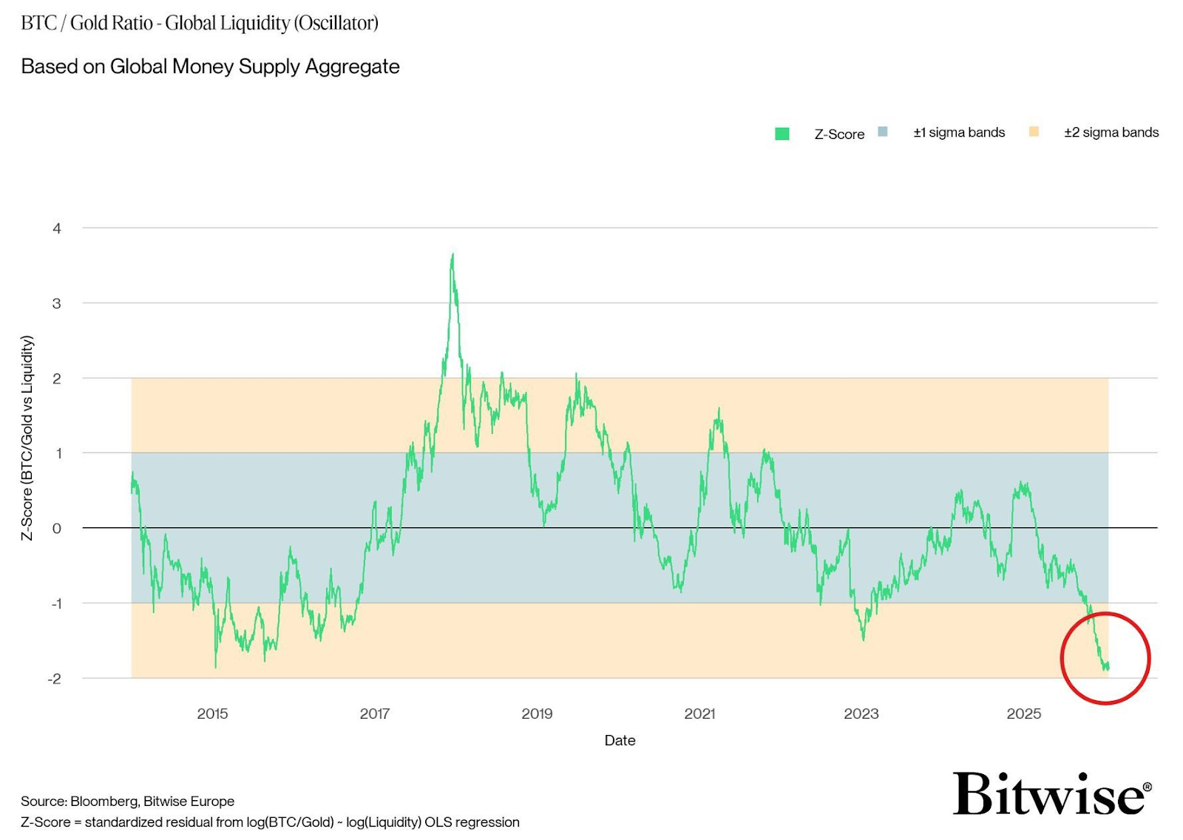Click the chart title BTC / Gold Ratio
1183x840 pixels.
(x=199, y=23)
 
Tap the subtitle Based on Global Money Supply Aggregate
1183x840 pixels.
(x=210, y=67)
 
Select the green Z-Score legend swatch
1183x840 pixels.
(x=782, y=134)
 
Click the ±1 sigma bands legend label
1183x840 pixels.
(x=958, y=132)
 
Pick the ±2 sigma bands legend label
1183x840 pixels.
(x=1111, y=132)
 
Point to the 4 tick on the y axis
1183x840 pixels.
(x=57, y=228)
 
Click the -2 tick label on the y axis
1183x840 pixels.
(x=55, y=679)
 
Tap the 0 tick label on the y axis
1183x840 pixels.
(x=57, y=529)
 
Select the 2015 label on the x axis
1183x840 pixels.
(x=212, y=714)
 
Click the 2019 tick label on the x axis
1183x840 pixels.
(x=537, y=714)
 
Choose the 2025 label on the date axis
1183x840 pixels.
(x=1023, y=714)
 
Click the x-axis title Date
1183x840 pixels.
(x=620, y=740)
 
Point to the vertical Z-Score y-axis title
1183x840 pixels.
(x=27, y=438)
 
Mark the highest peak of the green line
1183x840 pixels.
(x=452, y=256)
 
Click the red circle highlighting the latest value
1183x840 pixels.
(x=1105, y=657)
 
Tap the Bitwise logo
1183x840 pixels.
(x=1051, y=794)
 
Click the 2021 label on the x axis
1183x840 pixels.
(x=699, y=714)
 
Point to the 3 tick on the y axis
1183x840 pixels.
(x=57, y=303)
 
